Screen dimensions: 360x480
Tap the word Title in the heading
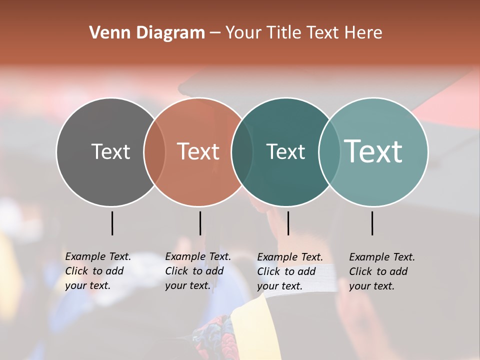click(x=285, y=33)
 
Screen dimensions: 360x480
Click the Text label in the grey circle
click(x=110, y=151)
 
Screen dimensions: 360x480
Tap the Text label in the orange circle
click(x=198, y=151)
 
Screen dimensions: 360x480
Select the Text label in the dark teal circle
click(x=285, y=151)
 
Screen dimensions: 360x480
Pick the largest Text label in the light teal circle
click(x=373, y=151)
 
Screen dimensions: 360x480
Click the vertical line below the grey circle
click(x=112, y=223)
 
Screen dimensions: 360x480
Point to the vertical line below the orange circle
click(x=200, y=223)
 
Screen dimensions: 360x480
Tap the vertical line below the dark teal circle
click(x=288, y=223)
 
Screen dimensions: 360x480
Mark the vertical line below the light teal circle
click(x=372, y=223)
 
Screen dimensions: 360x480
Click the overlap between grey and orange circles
click(x=154, y=151)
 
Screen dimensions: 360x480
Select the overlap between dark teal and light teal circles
click(x=329, y=151)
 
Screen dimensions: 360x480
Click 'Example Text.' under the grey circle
click(x=98, y=256)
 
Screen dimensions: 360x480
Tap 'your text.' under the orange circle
click(x=187, y=285)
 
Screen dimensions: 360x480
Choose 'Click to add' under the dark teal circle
click(x=286, y=271)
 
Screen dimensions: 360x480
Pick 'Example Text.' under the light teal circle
click(x=382, y=257)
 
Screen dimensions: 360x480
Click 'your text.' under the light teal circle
click(x=371, y=286)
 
